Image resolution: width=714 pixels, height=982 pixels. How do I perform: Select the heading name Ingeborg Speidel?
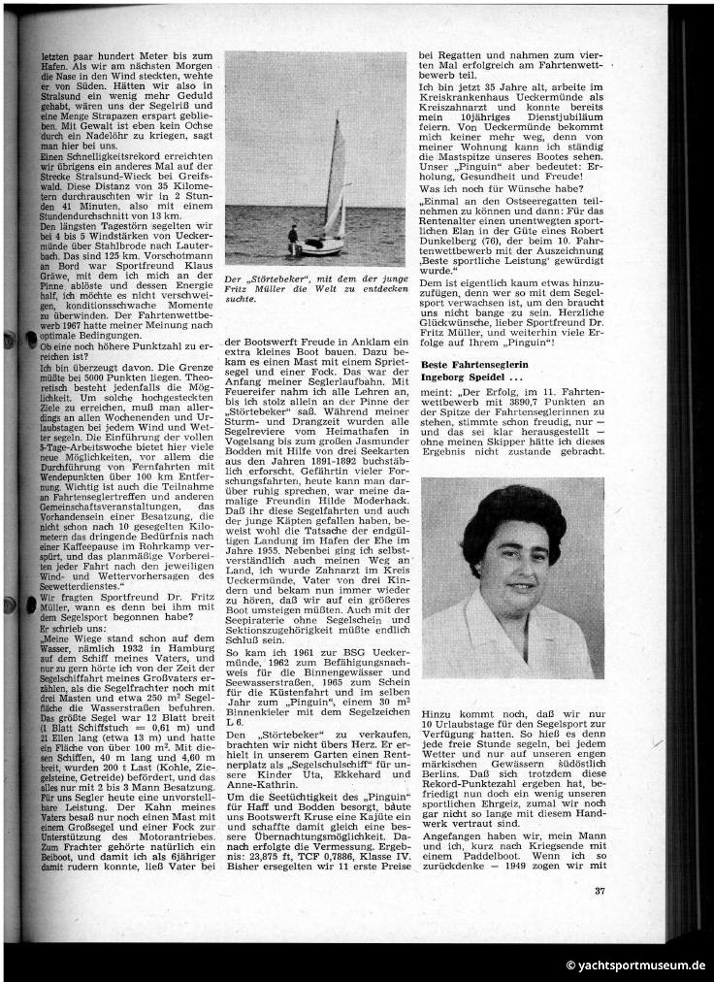coord(464,376)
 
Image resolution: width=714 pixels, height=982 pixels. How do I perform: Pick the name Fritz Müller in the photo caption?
coord(252,290)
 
